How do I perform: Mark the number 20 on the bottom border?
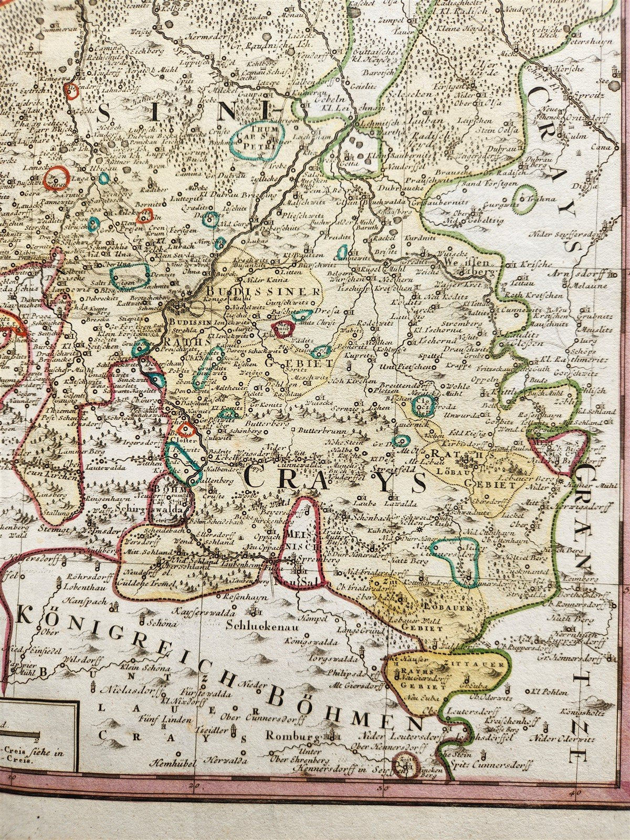click(195, 785)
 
